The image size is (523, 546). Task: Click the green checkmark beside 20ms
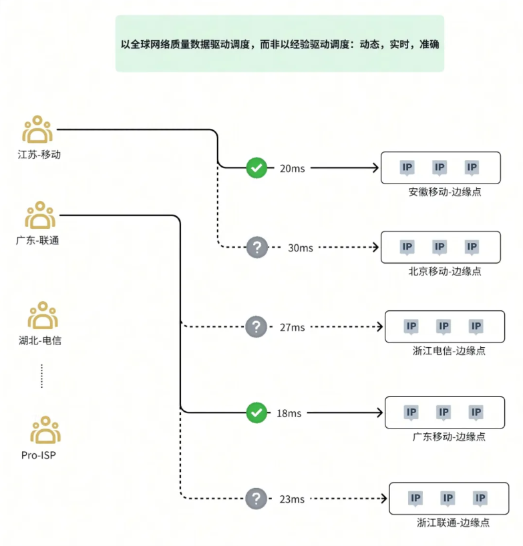[256, 168]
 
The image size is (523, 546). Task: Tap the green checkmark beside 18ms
[256, 413]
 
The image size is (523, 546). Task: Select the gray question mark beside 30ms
[257, 247]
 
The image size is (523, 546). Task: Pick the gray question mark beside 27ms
[256, 326]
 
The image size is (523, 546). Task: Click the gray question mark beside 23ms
[256, 499]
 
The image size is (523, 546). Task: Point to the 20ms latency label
[292, 168]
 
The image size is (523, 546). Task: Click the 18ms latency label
[289, 413]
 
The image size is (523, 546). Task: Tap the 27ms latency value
[292, 327]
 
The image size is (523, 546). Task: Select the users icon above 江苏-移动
[37, 129]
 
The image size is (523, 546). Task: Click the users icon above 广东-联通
[40, 215]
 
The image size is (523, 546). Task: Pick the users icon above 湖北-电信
[43, 315]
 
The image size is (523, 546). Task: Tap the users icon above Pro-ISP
[45, 430]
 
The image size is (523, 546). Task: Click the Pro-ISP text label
[38, 455]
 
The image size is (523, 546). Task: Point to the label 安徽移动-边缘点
[445, 192]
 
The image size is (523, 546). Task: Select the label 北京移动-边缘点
[445, 271]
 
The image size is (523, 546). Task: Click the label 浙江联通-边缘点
[453, 523]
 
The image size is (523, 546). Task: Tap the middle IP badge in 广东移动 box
[444, 413]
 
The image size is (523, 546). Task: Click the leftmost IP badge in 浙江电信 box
[411, 326]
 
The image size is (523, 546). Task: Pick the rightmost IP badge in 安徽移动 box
[472, 168]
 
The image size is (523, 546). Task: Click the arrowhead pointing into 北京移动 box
[375, 247]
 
